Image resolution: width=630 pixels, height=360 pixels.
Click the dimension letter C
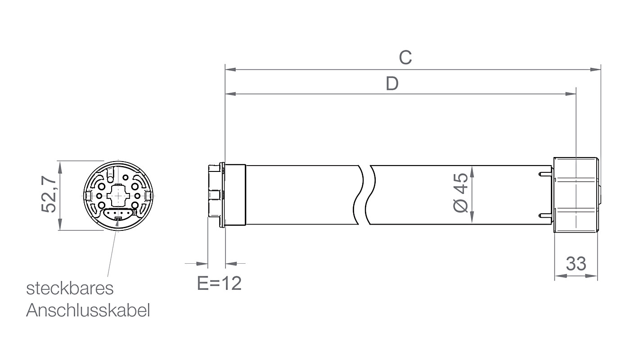[405, 58]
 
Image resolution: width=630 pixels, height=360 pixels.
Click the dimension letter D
[392, 84]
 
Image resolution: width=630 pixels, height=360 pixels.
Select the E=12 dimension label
[219, 283]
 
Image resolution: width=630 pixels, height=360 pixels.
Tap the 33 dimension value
[576, 264]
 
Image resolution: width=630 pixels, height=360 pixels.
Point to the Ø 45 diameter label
[461, 193]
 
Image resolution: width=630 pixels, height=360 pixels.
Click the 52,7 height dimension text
[49, 195]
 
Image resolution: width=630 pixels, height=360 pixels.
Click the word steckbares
[70, 288]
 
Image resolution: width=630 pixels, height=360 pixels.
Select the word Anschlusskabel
[88, 310]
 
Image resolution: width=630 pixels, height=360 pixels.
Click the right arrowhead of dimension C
[595, 69]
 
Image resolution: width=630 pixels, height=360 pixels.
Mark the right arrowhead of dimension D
[571, 94]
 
